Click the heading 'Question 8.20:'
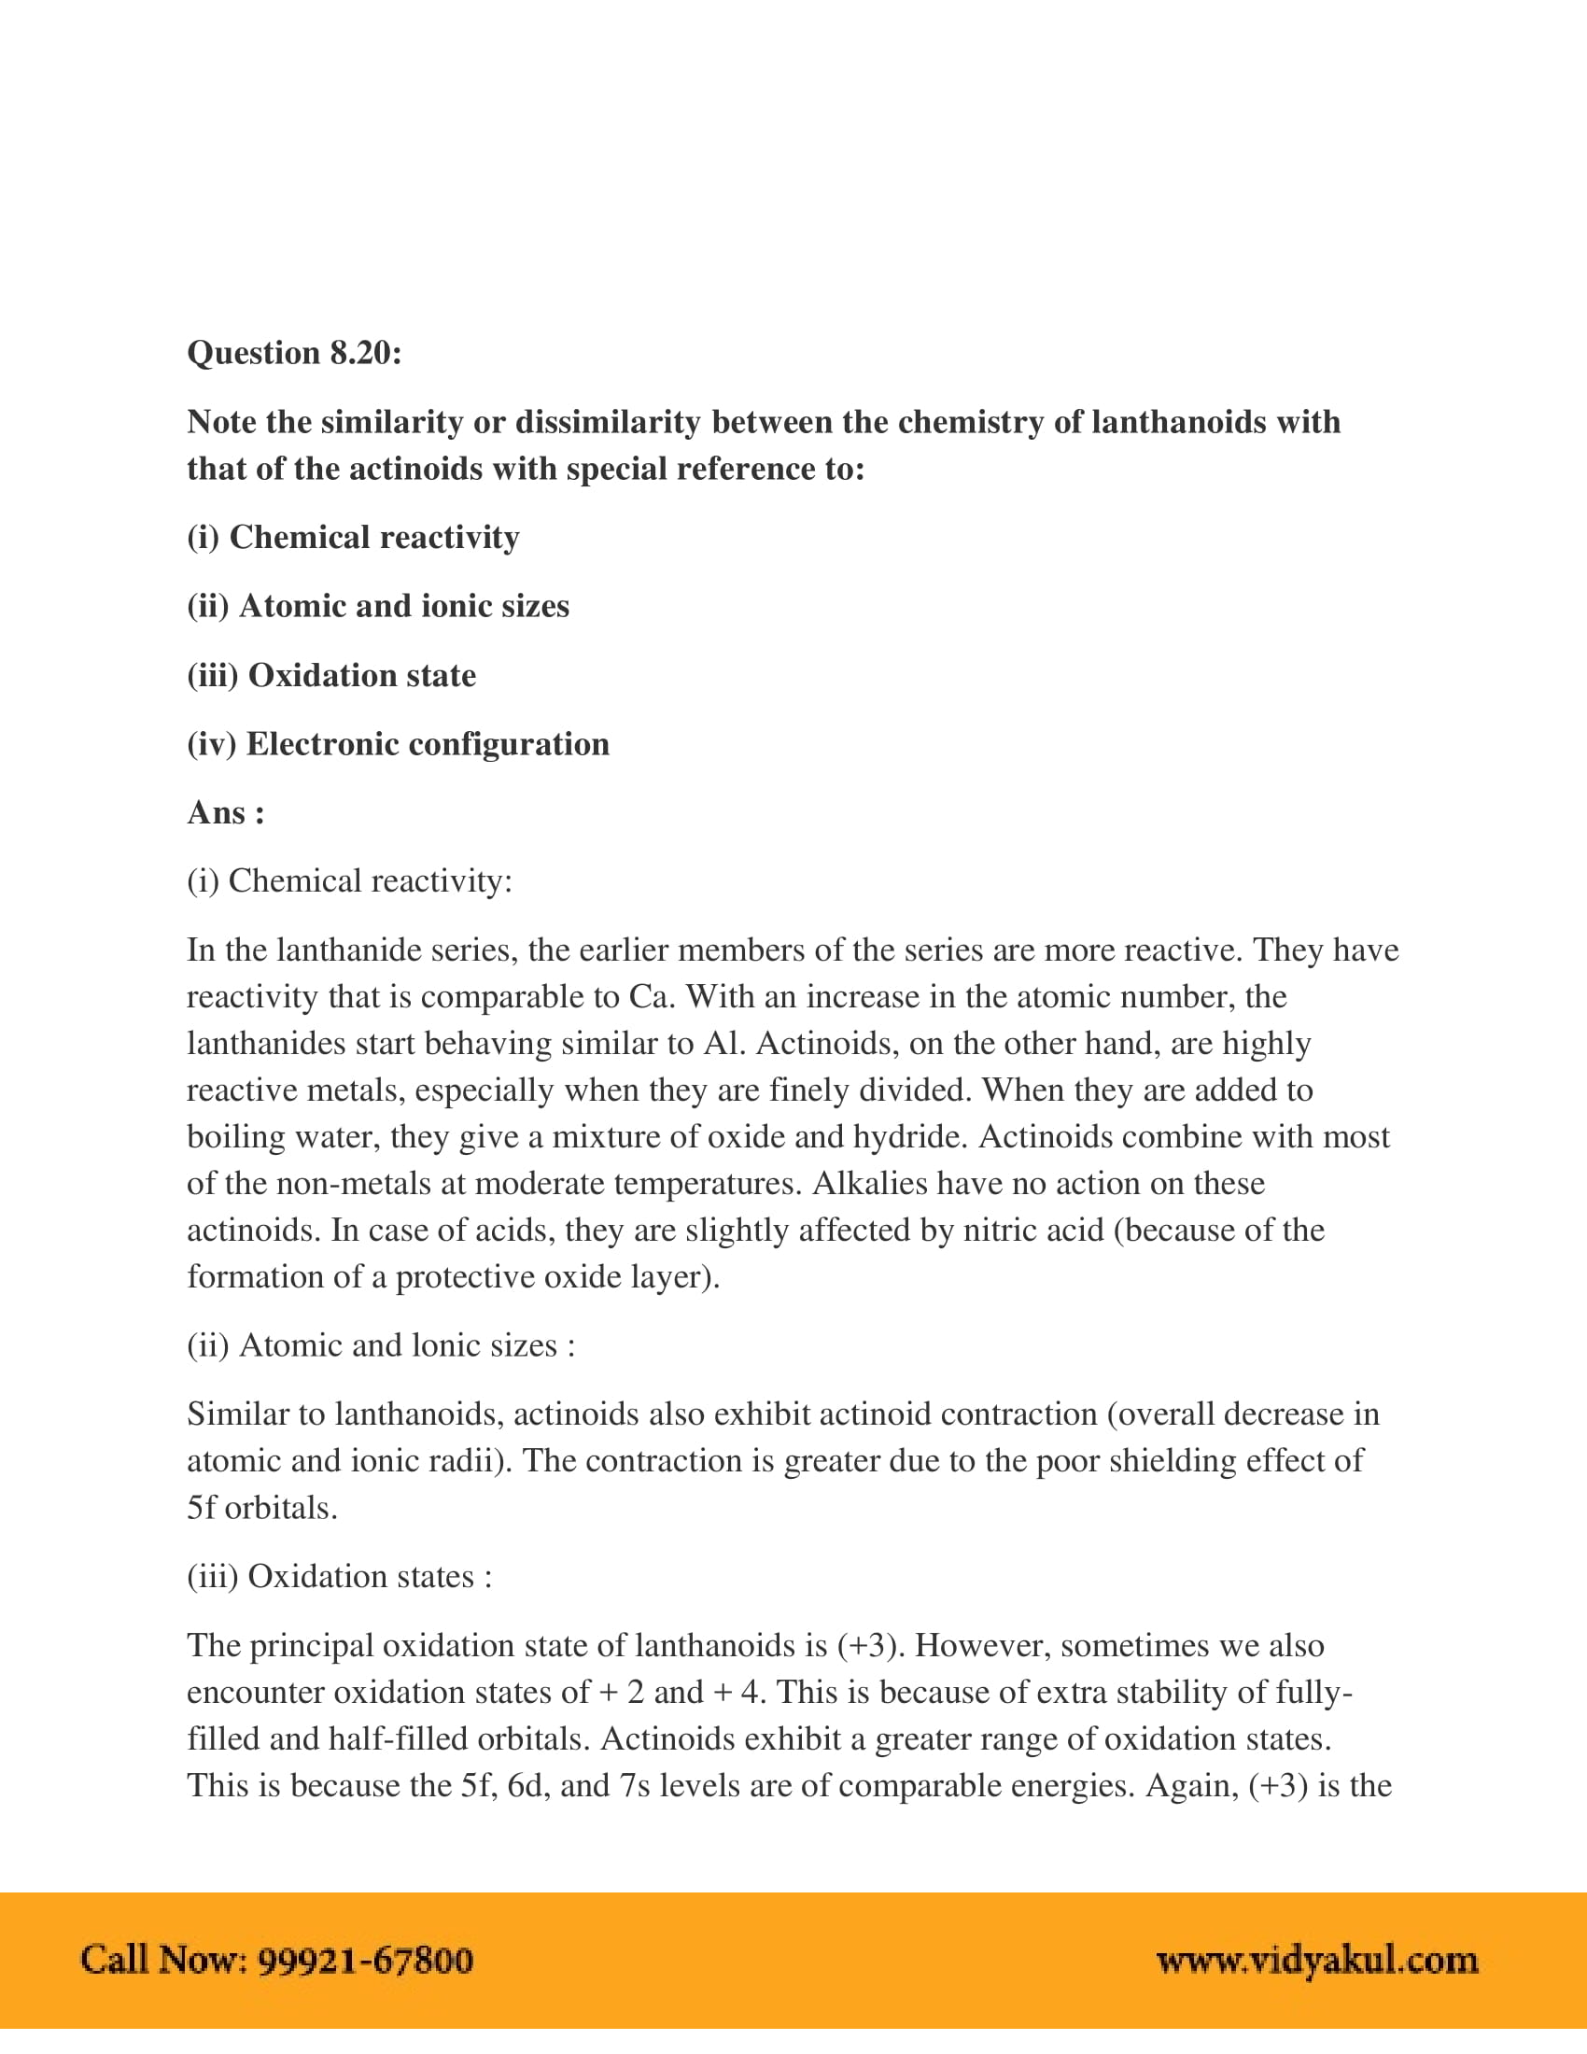point(294,353)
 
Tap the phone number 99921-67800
point(365,1960)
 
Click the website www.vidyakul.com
point(1316,1960)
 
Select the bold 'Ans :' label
point(226,811)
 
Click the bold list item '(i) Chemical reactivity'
point(353,537)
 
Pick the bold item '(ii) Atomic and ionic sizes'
point(378,606)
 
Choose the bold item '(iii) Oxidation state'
point(331,675)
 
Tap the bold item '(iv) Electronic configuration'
point(398,744)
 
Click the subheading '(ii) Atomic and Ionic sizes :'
point(381,1344)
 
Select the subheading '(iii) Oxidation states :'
point(340,1575)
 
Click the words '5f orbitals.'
point(261,1508)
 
